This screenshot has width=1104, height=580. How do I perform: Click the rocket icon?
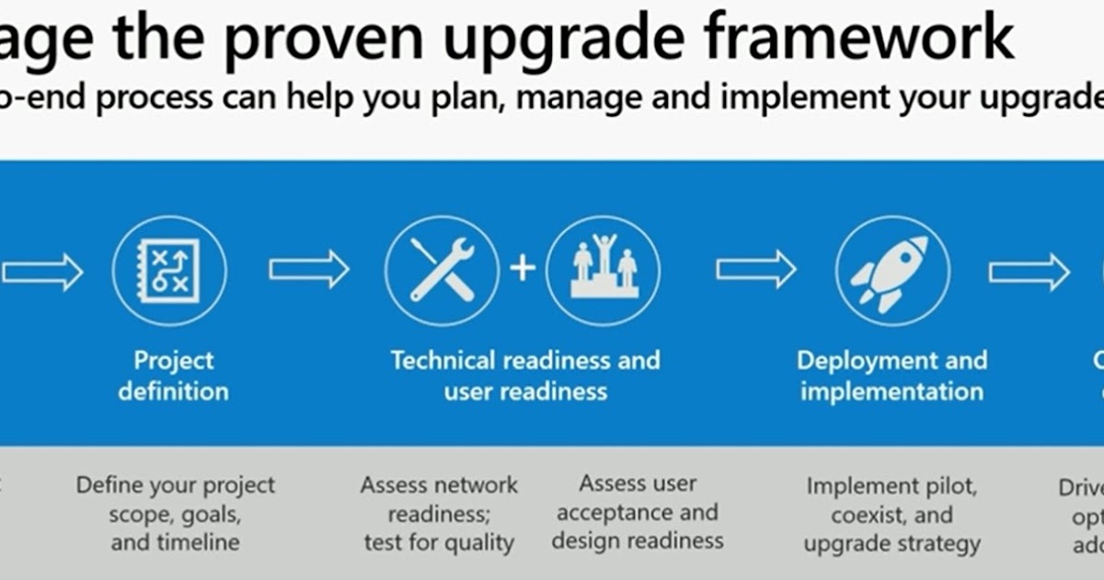(x=891, y=273)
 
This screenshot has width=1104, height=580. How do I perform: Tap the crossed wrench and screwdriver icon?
(x=442, y=271)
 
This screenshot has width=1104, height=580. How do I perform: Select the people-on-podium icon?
(x=604, y=271)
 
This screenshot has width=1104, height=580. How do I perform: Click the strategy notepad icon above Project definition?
(x=169, y=271)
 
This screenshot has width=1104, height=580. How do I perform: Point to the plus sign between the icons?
(x=523, y=269)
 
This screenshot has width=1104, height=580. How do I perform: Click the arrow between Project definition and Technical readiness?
(x=309, y=270)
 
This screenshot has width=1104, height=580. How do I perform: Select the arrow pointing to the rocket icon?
(x=756, y=270)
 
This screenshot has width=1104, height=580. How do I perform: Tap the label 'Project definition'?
(x=173, y=376)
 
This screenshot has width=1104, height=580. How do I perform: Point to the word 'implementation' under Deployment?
(x=891, y=391)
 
